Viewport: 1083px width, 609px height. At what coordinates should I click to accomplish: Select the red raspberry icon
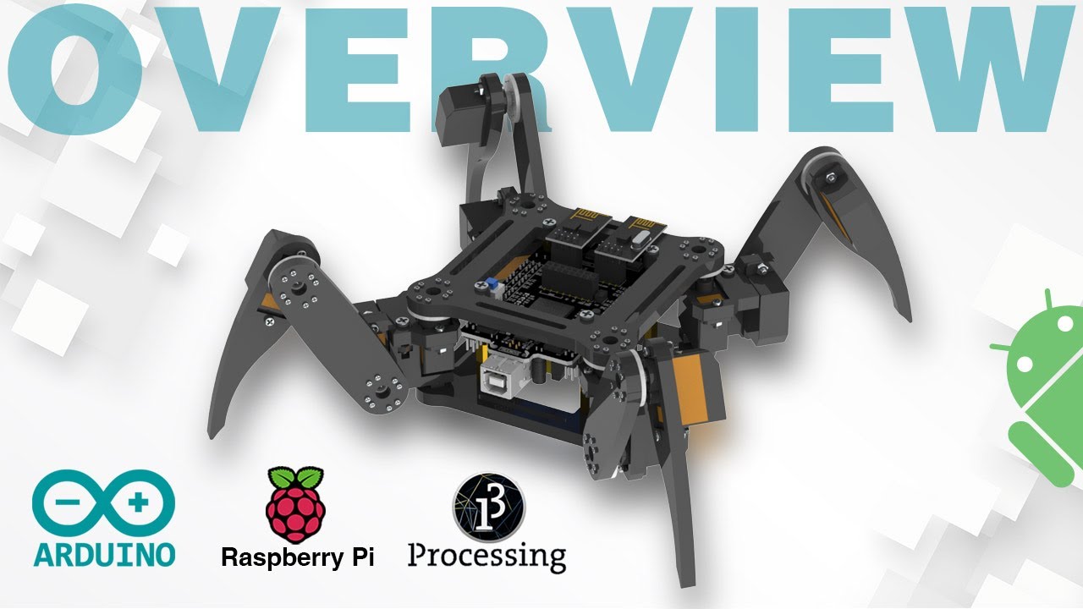294,506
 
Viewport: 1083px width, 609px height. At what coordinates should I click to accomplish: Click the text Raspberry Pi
297,557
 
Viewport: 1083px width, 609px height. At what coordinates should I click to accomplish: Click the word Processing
487,557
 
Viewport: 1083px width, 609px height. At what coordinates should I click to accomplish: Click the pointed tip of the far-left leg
212,436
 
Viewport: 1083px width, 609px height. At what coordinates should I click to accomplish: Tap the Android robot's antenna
1048,300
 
